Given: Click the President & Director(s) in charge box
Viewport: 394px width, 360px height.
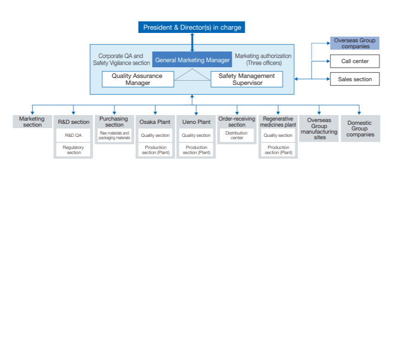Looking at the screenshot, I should click(192, 27).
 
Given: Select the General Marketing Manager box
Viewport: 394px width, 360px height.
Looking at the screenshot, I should click(192, 60).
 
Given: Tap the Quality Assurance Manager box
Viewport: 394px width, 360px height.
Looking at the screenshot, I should click(138, 79).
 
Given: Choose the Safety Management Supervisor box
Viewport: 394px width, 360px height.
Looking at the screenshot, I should click(247, 79).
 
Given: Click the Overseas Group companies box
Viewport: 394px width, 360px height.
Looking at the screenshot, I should click(355, 43).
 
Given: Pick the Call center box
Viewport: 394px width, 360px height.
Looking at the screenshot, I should click(355, 61).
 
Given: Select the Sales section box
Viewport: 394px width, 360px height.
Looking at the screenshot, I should click(355, 79).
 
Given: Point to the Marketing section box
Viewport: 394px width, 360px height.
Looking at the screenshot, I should click(32, 122).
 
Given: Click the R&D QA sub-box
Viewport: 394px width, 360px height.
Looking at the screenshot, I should click(73, 135).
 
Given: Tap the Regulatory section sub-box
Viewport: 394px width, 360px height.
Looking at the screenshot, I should click(73, 150).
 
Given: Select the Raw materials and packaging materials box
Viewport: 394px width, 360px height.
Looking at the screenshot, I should click(114, 135).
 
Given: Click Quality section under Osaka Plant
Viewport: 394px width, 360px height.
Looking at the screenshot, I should click(155, 135).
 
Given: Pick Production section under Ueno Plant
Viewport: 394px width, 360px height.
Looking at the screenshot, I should click(196, 150).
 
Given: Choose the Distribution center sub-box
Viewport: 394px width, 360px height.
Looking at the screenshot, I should click(237, 135).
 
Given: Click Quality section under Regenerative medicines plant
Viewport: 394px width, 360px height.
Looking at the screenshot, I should click(278, 135).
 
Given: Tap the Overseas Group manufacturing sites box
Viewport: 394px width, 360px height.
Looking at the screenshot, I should click(319, 129).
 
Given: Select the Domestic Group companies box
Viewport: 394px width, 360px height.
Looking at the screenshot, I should click(360, 129).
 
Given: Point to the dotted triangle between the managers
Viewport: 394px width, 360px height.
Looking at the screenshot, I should click(192, 76).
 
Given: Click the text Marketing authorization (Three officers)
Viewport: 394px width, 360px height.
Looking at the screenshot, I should click(263, 59).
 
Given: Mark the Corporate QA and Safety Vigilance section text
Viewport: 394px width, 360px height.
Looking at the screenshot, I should click(121, 59).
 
